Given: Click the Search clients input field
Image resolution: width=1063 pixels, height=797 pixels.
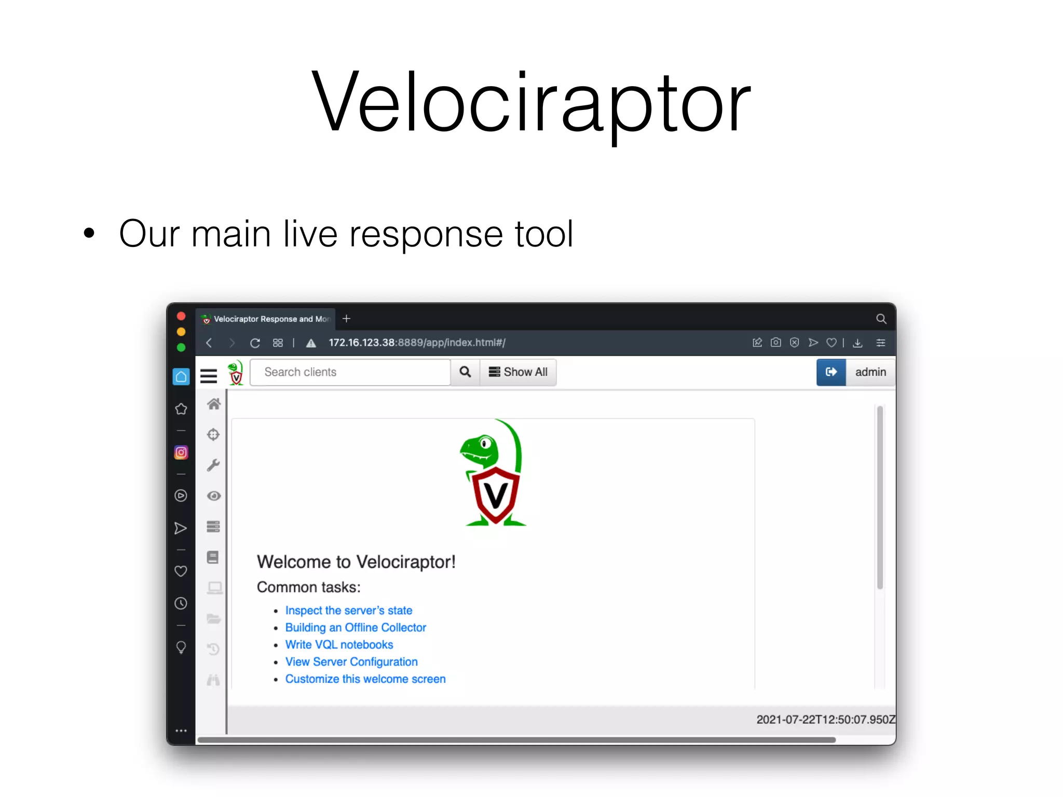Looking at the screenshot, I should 350,372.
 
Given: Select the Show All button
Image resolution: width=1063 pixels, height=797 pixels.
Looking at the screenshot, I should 518,372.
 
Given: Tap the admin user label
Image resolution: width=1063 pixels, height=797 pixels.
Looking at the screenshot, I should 870,372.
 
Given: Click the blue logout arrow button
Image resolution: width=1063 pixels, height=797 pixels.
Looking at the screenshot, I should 831,372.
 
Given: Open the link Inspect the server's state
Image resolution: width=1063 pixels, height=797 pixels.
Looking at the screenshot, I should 348,610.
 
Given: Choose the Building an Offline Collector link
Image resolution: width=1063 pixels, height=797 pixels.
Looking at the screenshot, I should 356,627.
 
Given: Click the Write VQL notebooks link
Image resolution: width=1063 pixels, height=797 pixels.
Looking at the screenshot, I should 339,644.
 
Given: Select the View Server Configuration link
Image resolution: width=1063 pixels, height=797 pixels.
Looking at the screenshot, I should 351,662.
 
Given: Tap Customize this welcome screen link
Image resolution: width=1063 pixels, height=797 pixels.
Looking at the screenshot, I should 365,679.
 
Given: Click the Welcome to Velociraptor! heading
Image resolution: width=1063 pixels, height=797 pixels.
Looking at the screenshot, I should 356,562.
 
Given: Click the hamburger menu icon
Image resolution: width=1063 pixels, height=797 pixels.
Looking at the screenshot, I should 209,375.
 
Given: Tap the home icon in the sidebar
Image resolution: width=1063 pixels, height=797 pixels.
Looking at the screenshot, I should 214,404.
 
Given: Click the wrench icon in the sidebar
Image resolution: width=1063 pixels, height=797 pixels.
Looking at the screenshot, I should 213,465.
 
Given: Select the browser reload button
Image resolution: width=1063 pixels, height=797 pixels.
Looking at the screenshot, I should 255,343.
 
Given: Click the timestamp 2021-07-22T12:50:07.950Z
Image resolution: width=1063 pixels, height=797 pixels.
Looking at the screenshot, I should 825,720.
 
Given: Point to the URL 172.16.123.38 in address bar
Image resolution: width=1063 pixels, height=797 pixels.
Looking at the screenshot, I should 362,343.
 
